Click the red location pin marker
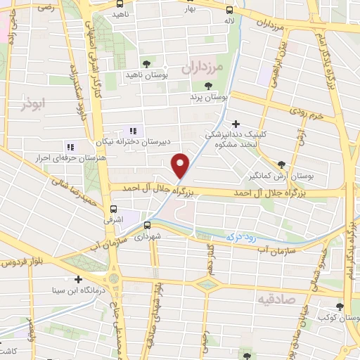pos(181,165)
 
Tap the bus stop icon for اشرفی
pos(114,209)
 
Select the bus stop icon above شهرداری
pos(148,225)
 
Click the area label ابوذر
pos(32,103)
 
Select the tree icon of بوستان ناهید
pos(146,63)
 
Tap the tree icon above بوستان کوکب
pos(340,307)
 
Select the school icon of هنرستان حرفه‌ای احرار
pos(70,147)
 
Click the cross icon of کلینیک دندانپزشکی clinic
pos(236,124)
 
